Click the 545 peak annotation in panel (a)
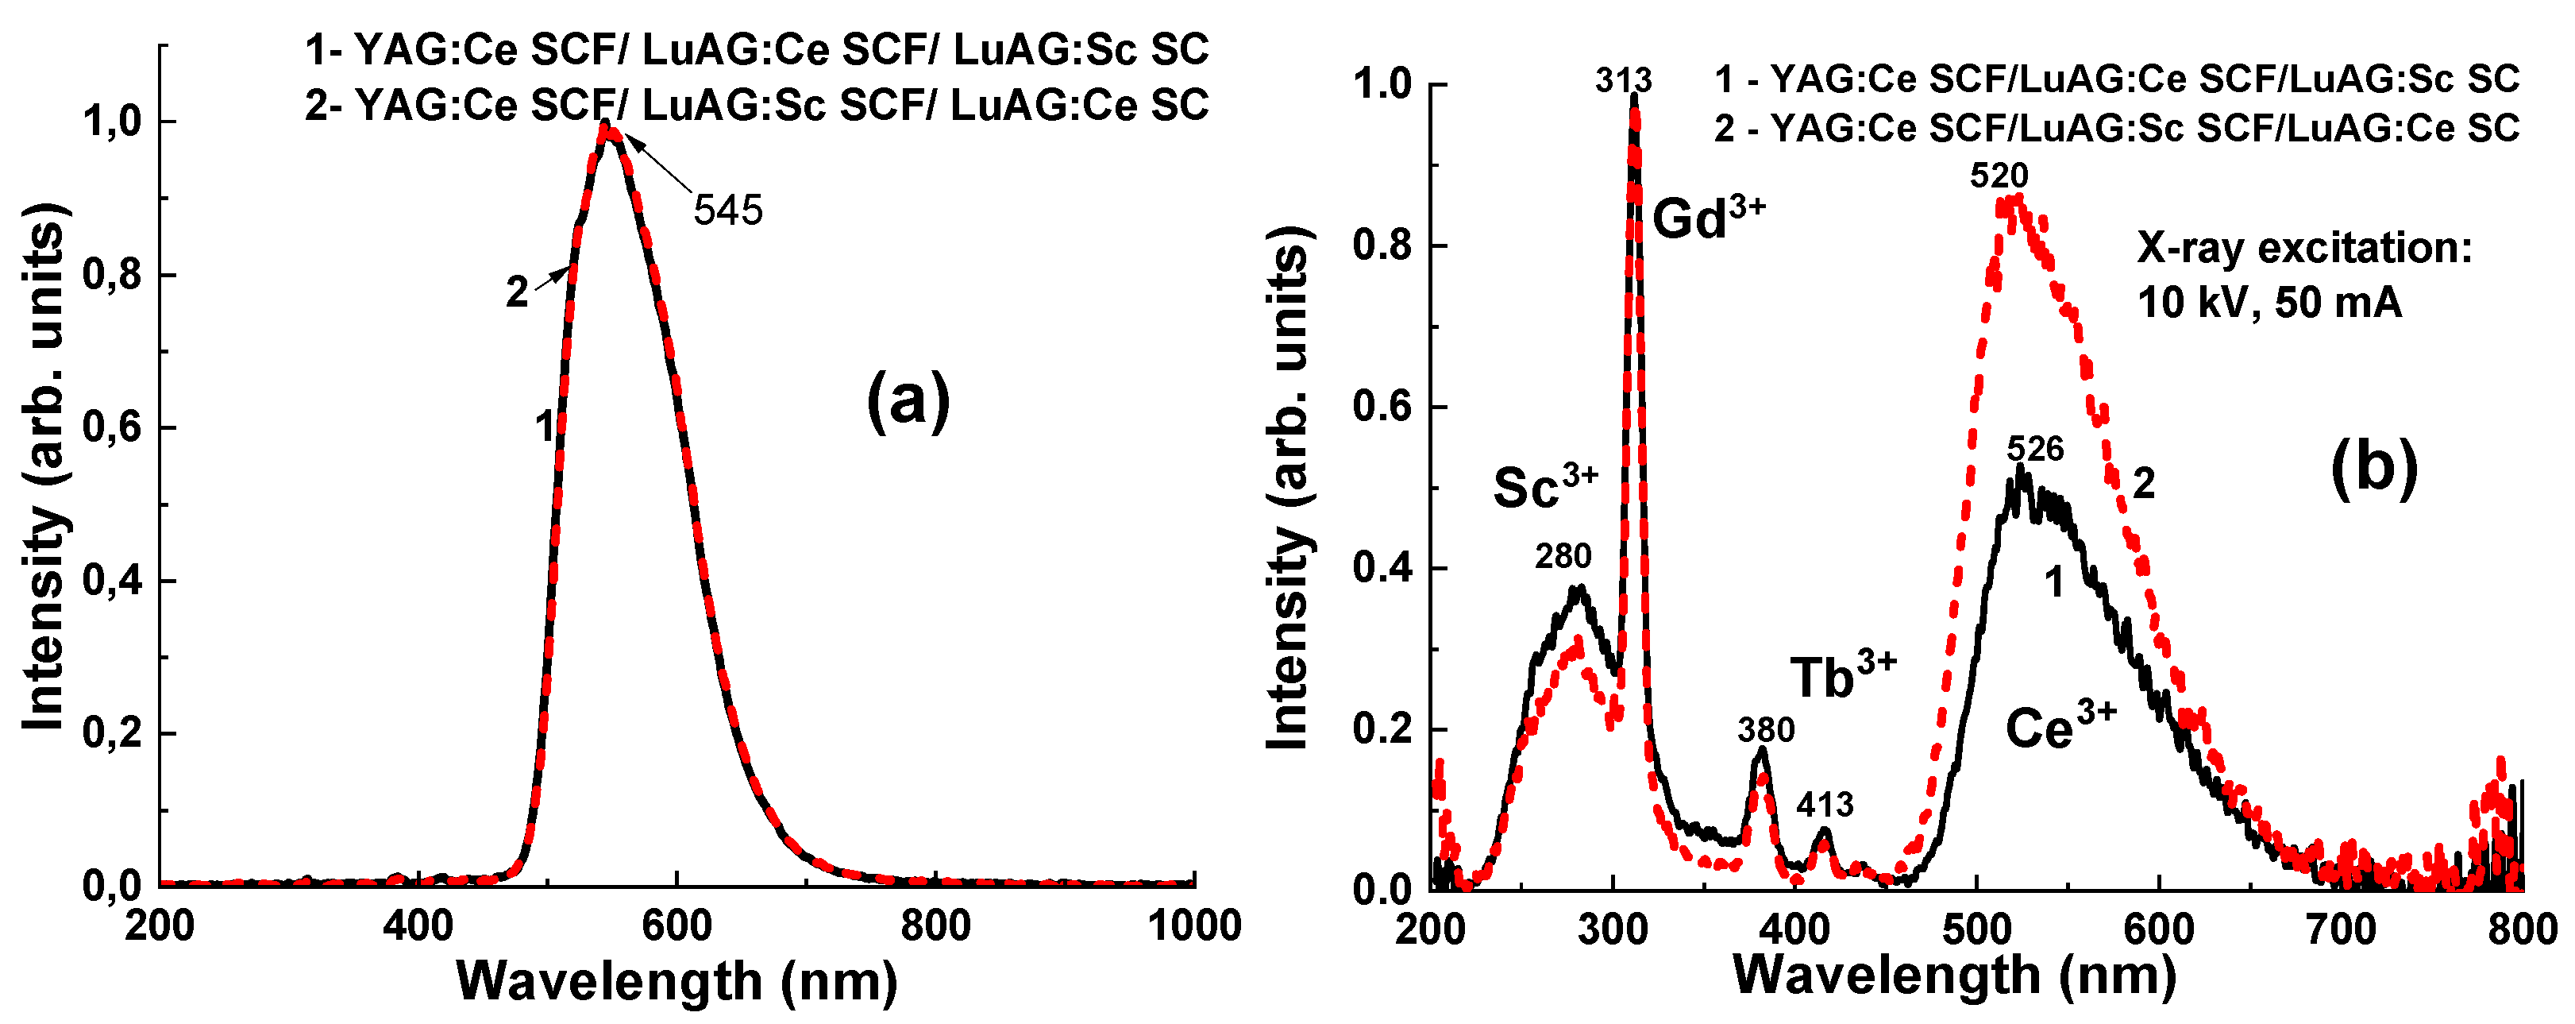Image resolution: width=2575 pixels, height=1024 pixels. click(x=727, y=211)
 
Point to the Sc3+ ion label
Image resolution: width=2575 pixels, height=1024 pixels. click(x=1545, y=486)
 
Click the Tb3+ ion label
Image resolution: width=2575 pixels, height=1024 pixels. click(x=1842, y=676)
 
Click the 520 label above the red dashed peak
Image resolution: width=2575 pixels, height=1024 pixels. click(x=1999, y=176)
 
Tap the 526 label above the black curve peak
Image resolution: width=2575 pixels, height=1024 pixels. click(x=2035, y=449)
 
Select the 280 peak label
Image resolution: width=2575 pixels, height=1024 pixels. click(x=1563, y=556)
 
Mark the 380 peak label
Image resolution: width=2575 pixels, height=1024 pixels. click(x=1765, y=730)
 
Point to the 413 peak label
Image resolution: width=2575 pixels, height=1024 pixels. click(x=1825, y=804)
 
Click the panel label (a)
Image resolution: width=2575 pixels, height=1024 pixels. click(x=908, y=401)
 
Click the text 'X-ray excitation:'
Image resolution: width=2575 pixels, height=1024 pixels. click(x=2304, y=247)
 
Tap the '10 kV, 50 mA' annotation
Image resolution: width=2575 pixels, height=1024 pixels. click(x=2269, y=302)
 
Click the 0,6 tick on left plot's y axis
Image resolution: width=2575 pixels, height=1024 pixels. click(x=113, y=427)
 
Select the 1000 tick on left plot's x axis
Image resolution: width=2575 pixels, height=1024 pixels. click(x=1194, y=926)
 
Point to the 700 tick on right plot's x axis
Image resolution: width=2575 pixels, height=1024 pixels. click(x=2341, y=930)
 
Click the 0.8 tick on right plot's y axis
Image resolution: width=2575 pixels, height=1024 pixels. click(x=1382, y=246)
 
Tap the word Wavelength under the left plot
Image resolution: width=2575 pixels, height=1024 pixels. click(x=609, y=981)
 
